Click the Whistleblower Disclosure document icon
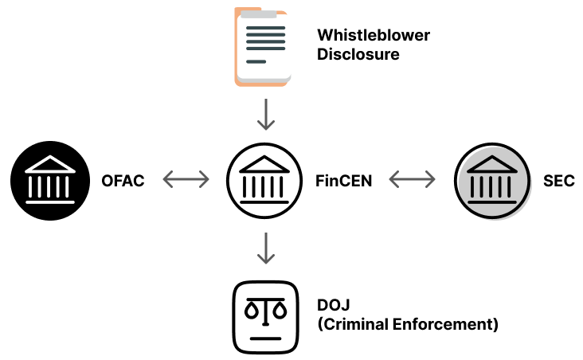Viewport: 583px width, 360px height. pyautogui.click(x=264, y=45)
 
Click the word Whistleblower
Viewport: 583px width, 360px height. pyautogui.click(x=374, y=36)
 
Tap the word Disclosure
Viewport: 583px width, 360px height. pyautogui.click(x=358, y=55)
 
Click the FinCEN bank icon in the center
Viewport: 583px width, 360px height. pyautogui.click(x=266, y=181)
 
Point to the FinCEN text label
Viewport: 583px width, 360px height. pyautogui.click(x=349, y=181)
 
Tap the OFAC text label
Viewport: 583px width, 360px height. pyautogui.click(x=123, y=181)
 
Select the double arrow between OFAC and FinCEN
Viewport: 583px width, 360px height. pyautogui.click(x=186, y=181)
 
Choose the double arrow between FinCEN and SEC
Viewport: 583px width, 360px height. pyautogui.click(x=413, y=181)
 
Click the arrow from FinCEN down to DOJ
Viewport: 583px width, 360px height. pyautogui.click(x=266, y=248)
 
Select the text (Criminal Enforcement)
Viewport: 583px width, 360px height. pyautogui.click(x=408, y=325)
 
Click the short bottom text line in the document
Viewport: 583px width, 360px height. pyautogui.click(x=256, y=61)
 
